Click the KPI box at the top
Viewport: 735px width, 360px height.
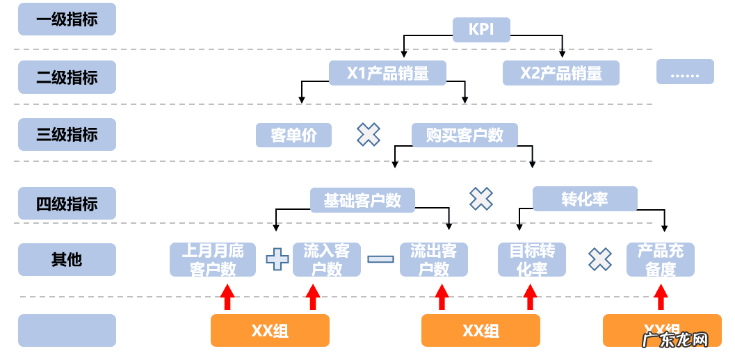coord(482,29)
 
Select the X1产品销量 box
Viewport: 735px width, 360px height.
coord(387,72)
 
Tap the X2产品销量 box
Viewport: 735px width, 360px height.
coord(560,72)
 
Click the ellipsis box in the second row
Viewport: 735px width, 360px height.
coord(685,72)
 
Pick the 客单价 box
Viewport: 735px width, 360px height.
coord(293,135)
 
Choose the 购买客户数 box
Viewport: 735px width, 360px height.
coord(465,135)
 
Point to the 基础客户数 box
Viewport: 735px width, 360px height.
coord(362,200)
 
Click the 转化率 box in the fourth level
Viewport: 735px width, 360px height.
coord(585,199)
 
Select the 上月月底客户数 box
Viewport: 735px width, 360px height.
coord(212,259)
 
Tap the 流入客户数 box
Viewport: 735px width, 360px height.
coord(327,259)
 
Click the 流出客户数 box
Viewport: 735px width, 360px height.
coord(433,259)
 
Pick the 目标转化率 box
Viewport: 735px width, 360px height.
coord(532,259)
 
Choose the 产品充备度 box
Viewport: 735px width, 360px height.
coord(660,259)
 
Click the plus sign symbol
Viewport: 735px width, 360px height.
coord(277,259)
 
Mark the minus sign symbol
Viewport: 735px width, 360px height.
coord(380,259)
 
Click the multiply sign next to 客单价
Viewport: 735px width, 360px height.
coord(369,134)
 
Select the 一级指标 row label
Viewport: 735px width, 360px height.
coord(67,19)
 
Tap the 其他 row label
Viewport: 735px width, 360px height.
coord(67,259)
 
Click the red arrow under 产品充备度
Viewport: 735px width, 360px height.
coord(661,297)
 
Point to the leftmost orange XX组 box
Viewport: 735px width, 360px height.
coord(270,330)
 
